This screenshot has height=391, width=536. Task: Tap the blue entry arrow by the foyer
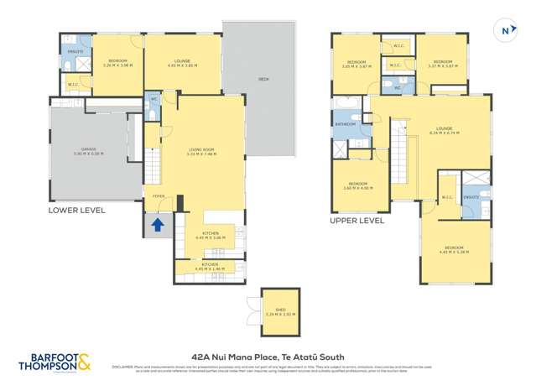pos(156,224)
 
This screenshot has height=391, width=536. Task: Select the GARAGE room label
pos(85,152)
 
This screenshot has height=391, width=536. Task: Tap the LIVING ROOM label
pos(202,152)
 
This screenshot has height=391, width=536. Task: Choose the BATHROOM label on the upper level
pos(346,124)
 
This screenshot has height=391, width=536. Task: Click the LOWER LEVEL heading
pos(77,211)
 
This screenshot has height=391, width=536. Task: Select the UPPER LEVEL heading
pos(356,222)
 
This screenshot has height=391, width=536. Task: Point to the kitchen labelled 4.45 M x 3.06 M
pos(210,237)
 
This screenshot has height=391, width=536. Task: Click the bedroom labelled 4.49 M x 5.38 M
pos(455,249)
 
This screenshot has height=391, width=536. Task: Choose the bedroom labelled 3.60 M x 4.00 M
pos(358,185)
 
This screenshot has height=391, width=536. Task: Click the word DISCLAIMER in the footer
pos(123,366)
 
